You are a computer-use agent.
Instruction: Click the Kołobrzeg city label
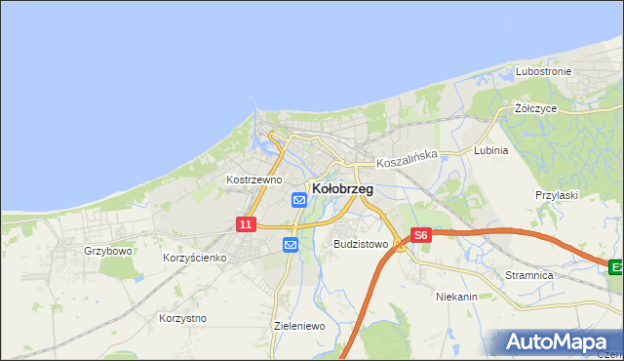click(341, 189)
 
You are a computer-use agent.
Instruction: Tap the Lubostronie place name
click(543, 72)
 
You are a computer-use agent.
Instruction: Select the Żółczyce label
click(535, 109)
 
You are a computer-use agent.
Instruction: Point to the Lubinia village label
click(490, 151)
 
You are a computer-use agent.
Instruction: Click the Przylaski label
click(557, 195)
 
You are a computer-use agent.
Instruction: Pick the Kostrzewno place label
click(253, 180)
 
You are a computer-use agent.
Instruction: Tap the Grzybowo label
click(107, 251)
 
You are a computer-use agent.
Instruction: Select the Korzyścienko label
click(195, 258)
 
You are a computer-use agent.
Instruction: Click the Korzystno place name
click(181, 318)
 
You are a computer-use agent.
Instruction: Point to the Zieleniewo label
click(299, 326)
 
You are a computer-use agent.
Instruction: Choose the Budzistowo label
click(361, 244)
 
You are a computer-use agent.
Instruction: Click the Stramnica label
click(529, 276)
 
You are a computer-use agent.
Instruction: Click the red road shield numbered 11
click(246, 224)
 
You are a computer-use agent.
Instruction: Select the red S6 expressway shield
click(420, 235)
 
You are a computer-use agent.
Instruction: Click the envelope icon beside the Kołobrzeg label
click(299, 200)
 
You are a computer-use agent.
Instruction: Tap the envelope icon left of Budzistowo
click(291, 245)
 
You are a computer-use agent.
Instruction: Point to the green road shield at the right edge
click(616, 266)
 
